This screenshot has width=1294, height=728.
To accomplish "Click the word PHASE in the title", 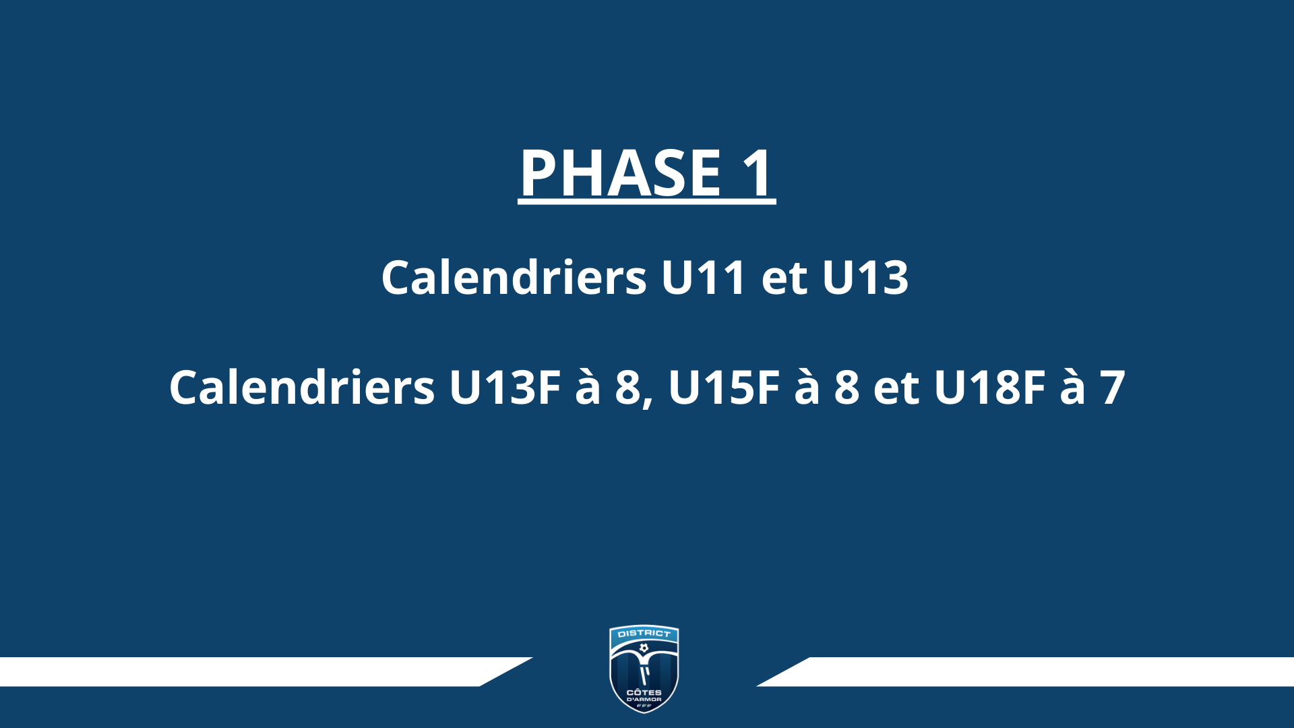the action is pos(621,173).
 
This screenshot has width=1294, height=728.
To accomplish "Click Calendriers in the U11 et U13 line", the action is pos(514,277).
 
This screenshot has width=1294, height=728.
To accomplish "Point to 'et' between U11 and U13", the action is pos(784,279).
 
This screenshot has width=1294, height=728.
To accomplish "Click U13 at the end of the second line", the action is pos(865,278).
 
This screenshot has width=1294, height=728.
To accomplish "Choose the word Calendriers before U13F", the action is pos(302,387).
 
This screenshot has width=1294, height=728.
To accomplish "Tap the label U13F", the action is pos(505,388).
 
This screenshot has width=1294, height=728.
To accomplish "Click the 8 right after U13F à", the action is pos(628,388).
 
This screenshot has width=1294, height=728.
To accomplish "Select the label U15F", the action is pos(724,388).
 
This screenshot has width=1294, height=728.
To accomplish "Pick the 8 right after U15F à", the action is pos(847,388).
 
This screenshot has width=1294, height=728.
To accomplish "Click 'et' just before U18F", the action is pos(896,389).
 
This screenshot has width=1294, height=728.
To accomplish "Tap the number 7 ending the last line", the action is pos(1113,388).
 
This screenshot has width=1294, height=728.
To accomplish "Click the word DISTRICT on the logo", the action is pos(644,634).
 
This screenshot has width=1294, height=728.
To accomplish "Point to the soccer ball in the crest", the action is pos(644,648).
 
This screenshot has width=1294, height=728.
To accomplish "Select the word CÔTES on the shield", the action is pos(644,692).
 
